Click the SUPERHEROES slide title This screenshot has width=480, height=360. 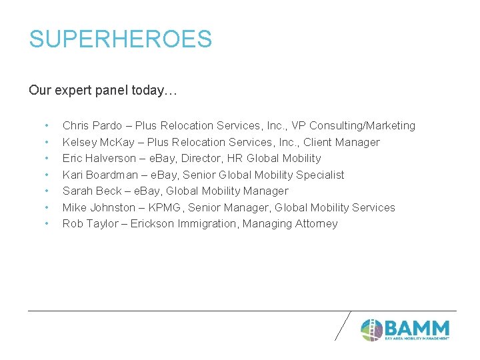[x=120, y=39]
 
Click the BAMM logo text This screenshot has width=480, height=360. [x=417, y=328]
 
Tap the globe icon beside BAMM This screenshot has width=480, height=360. [x=371, y=330]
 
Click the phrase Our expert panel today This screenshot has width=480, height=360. [x=103, y=90]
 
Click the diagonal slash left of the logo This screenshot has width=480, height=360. [x=342, y=325]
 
